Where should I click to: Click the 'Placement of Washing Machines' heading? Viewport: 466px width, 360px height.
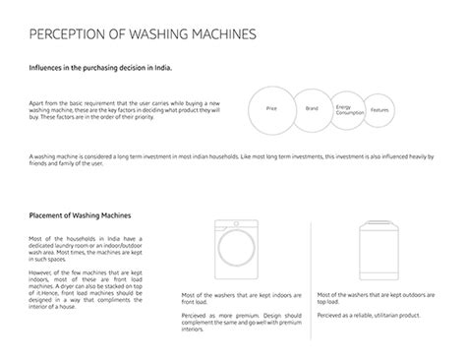click(x=82, y=214)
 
